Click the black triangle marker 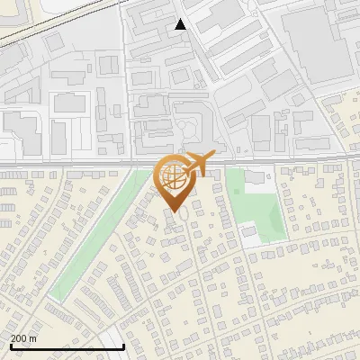pos(181,24)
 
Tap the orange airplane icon pos(198,164)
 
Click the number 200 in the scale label pos(18,338)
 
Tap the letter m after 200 pos(32,338)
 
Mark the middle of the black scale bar pos(67,346)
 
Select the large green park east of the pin pos(256,207)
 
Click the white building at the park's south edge pos(249,233)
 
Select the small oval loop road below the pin pos(180,216)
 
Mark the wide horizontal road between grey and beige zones pos(90,163)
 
